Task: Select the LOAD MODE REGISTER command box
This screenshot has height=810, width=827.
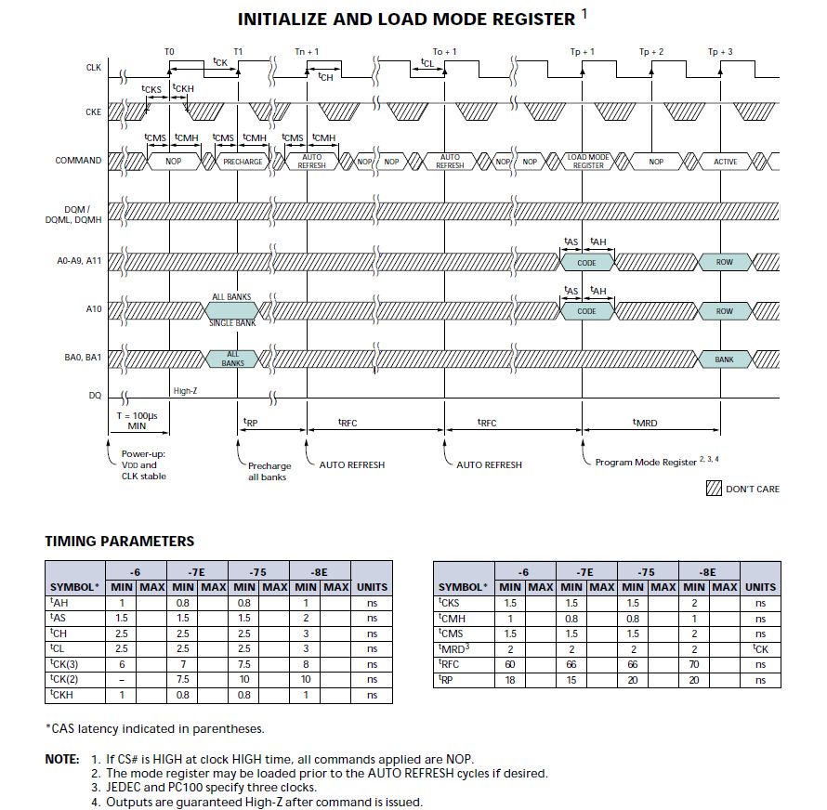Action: (587, 161)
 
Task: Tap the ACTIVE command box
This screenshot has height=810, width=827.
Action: (725, 162)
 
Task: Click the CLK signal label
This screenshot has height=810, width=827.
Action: (94, 68)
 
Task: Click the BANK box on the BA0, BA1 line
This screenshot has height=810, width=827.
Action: (724, 359)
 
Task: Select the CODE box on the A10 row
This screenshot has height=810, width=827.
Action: (587, 311)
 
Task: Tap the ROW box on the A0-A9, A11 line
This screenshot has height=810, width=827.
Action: (725, 263)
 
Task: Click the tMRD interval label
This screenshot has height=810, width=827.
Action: (645, 423)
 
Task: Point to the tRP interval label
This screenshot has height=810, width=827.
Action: (250, 421)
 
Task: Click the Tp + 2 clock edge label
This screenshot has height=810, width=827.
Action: (651, 52)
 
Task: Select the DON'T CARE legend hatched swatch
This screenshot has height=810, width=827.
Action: (714, 489)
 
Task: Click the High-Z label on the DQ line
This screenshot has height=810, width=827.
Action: (185, 391)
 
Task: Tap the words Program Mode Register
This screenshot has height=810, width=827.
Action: (646, 462)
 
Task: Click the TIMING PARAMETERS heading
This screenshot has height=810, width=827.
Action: (120, 542)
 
